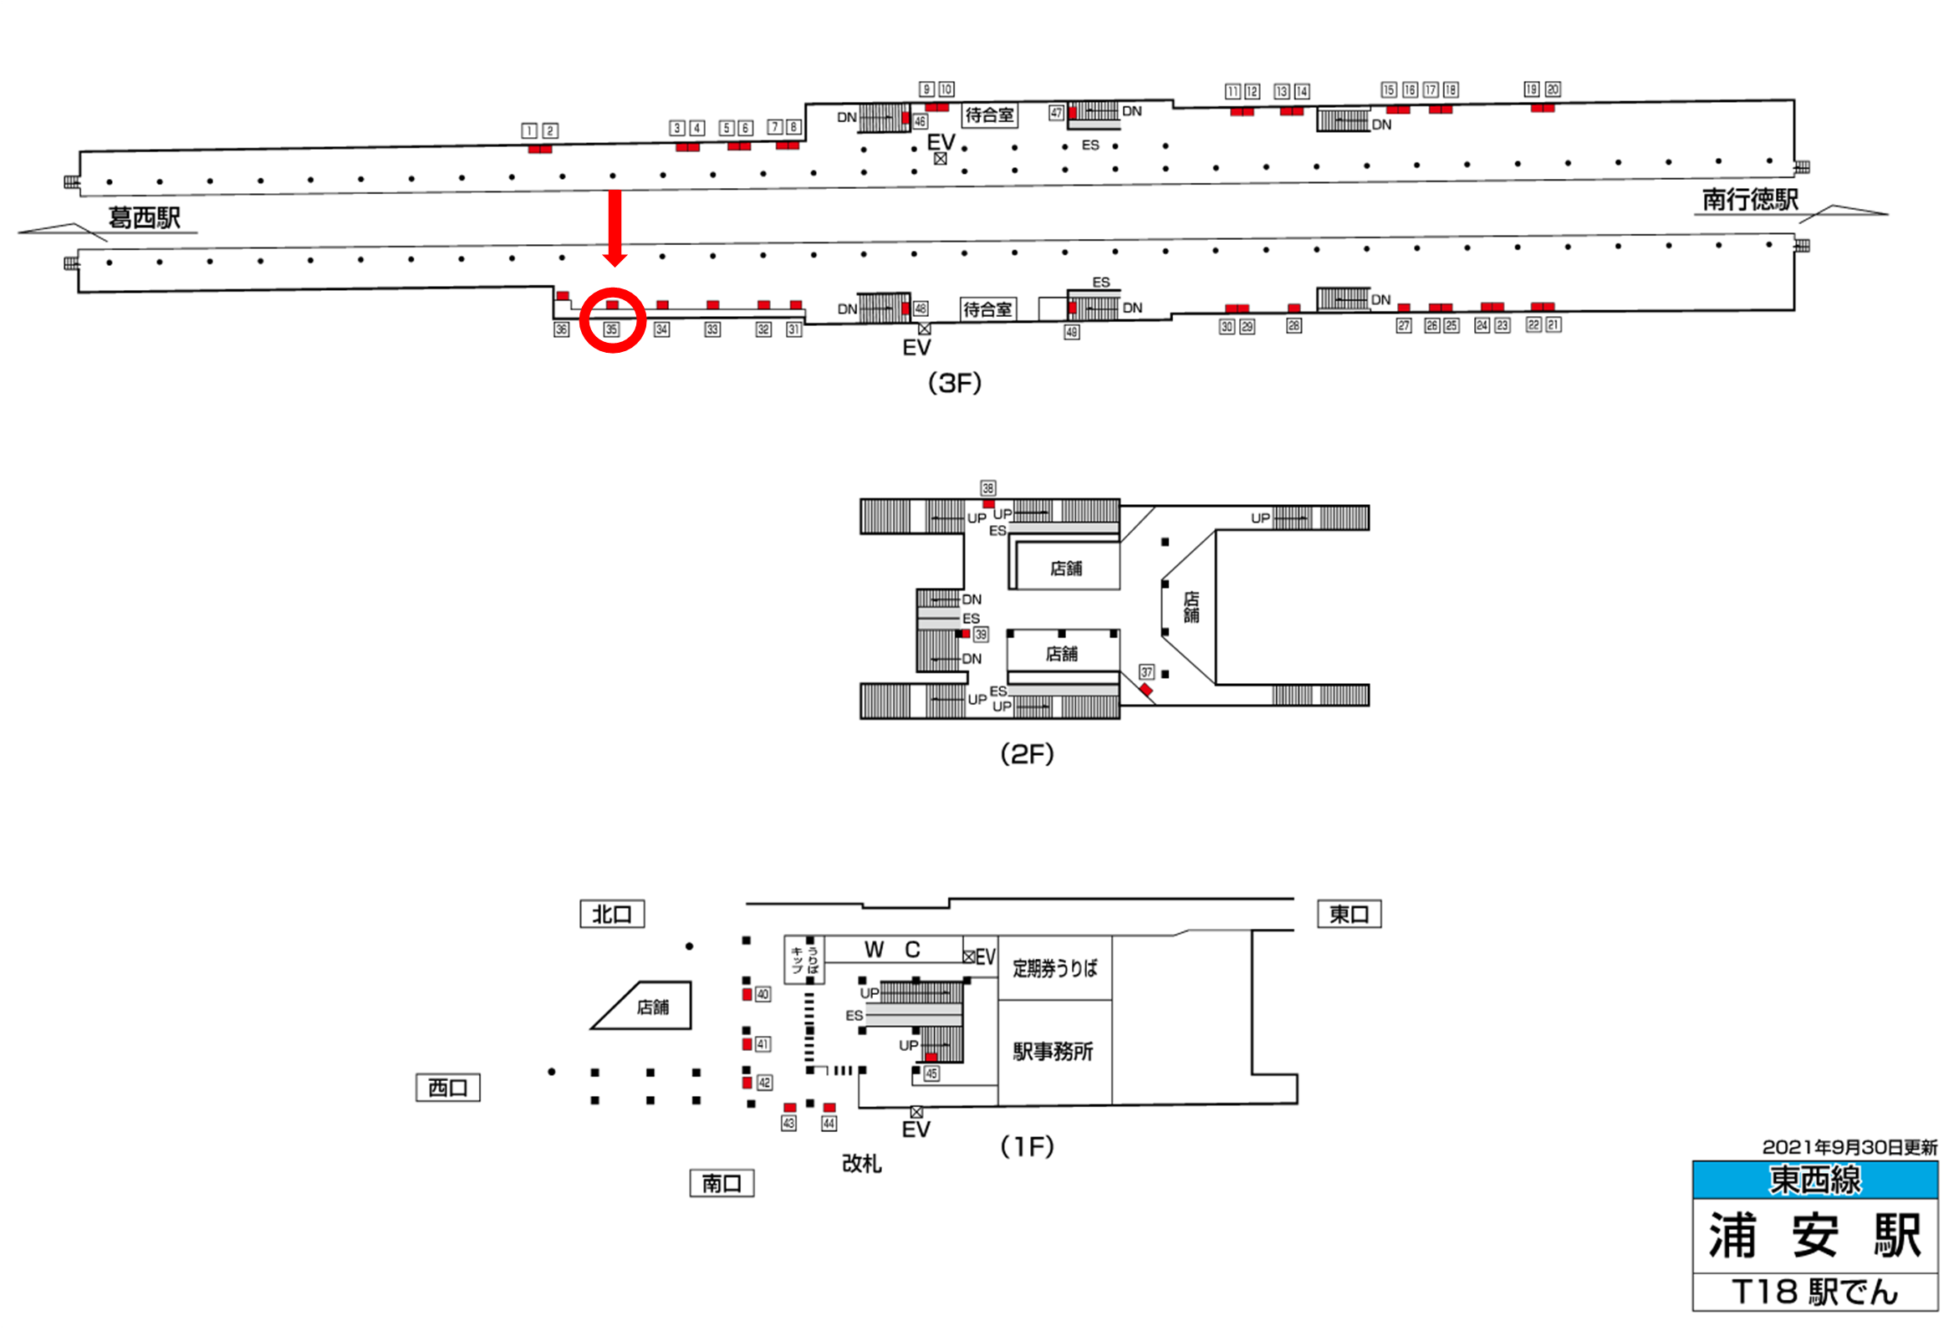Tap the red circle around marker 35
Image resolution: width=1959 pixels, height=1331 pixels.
(x=613, y=320)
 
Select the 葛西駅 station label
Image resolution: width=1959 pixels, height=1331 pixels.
(x=144, y=218)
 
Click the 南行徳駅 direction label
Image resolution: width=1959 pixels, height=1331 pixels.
(x=1750, y=200)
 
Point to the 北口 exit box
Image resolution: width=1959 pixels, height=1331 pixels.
(x=612, y=914)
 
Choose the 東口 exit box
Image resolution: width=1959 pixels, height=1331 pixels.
(x=1349, y=914)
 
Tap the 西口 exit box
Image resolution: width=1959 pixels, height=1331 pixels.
(x=447, y=1088)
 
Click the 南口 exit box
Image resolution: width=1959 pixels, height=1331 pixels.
(x=722, y=1184)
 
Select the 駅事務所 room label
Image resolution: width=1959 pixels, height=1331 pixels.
(x=1053, y=1051)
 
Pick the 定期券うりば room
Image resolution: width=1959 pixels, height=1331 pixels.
(x=1054, y=968)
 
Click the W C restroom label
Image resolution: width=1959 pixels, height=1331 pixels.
(x=893, y=950)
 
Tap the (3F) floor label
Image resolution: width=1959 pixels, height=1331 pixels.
(x=954, y=384)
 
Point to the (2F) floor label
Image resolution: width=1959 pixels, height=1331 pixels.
(x=1027, y=753)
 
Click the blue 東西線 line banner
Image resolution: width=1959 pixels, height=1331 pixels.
(x=1814, y=1180)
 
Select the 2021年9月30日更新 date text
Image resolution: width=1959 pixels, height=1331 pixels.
(x=1849, y=1147)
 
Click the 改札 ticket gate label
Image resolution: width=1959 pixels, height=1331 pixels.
(x=861, y=1163)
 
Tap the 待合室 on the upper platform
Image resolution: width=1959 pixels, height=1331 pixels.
(x=990, y=115)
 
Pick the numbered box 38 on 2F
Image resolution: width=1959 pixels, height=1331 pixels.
(x=988, y=488)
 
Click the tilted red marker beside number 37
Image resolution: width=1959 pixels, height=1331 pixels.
(x=1145, y=691)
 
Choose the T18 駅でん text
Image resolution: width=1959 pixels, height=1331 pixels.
(x=1814, y=1292)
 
